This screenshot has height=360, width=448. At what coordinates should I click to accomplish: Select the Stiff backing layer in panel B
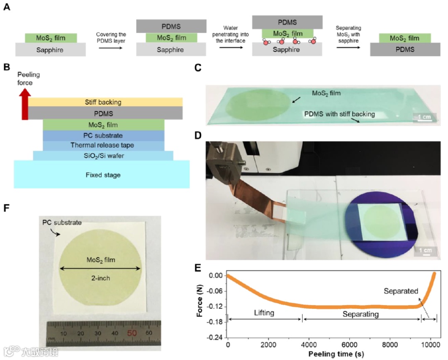(105, 102)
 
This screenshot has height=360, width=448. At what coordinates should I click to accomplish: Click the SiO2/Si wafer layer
(103, 156)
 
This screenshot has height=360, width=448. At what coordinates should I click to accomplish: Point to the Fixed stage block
(102, 174)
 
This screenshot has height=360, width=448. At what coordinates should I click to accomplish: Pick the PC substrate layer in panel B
(104, 136)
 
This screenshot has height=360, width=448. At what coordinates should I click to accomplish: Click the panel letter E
(211, 267)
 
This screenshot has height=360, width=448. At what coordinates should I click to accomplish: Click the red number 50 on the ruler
(132, 333)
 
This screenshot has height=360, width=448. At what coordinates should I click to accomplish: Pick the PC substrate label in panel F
(62, 223)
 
